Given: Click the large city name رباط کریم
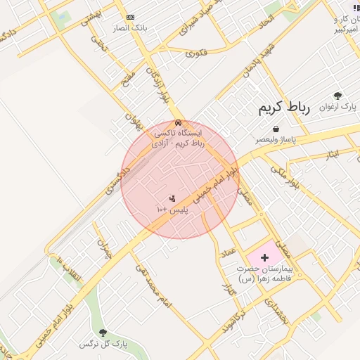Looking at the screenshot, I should [x=279, y=108].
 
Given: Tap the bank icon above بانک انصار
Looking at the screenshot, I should [x=130, y=17].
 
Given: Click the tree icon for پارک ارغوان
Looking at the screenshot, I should [x=338, y=96].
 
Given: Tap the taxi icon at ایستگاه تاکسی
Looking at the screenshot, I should [x=179, y=123].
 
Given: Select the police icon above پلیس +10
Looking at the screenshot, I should [x=172, y=198].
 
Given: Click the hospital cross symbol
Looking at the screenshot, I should [x=264, y=258].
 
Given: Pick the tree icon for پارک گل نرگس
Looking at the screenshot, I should [x=103, y=332].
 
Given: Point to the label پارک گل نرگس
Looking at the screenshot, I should [x=96, y=344].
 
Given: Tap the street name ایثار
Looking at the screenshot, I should [x=328, y=153].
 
